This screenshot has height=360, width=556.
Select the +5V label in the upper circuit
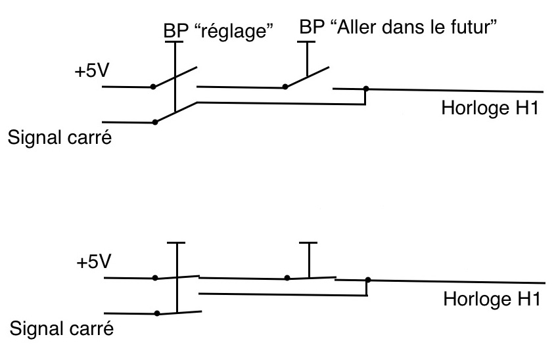(92, 70)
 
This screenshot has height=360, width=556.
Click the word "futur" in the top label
(476, 30)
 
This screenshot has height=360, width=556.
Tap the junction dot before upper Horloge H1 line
(366, 89)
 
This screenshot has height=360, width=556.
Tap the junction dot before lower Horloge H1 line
(367, 280)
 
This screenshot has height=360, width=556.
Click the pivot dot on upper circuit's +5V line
(154, 87)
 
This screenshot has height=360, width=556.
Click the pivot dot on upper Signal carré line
(154, 122)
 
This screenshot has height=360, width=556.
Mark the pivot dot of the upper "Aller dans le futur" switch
(285, 86)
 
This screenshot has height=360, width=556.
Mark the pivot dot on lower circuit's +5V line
(154, 278)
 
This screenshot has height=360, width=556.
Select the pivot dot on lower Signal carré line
(156, 313)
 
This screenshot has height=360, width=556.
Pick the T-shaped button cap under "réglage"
(174, 43)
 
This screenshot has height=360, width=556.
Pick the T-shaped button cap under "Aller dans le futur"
(307, 43)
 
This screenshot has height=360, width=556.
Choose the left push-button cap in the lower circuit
(177, 244)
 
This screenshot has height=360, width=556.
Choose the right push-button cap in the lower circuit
(308, 244)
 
